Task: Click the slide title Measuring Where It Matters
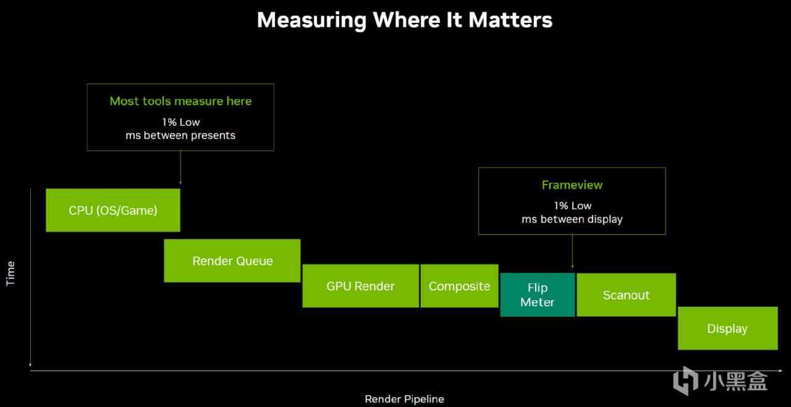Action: (404, 20)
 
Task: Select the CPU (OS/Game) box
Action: (113, 211)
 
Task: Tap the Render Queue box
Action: (232, 261)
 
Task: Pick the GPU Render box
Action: (360, 286)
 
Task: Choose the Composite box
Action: (459, 286)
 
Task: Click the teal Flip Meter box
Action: (537, 295)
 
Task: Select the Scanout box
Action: (626, 295)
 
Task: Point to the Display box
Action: (727, 329)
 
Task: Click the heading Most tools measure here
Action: (180, 101)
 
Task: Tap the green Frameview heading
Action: (572, 185)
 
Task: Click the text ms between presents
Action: (180, 135)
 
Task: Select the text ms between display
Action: (572, 219)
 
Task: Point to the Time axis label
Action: (10, 274)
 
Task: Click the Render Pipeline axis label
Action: (404, 399)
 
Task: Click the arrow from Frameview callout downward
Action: (572, 252)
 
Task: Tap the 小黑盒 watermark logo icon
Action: (685, 380)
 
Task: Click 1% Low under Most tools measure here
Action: (180, 122)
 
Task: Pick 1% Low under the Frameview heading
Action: (572, 206)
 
